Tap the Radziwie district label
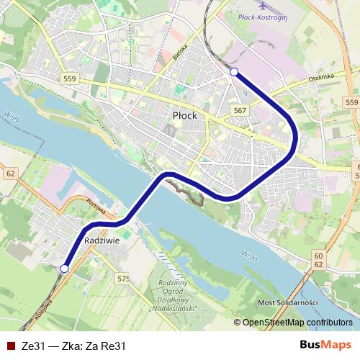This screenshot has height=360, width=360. pyautogui.click(x=101, y=240)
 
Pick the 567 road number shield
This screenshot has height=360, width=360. pyautogui.click(x=240, y=109)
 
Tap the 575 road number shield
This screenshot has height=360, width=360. pyautogui.click(x=123, y=279)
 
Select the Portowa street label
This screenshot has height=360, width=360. pyautogui.click(x=96, y=208)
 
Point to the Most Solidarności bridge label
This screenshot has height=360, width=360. pyautogui.click(x=287, y=302)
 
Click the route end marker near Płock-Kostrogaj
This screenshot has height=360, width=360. pyautogui.click(x=233, y=71)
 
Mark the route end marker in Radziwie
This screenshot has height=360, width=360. pyautogui.click(x=64, y=269)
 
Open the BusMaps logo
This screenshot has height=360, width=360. pyautogui.click(x=325, y=345)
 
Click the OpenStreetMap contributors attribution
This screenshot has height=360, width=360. pyautogui.click(x=292, y=323)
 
